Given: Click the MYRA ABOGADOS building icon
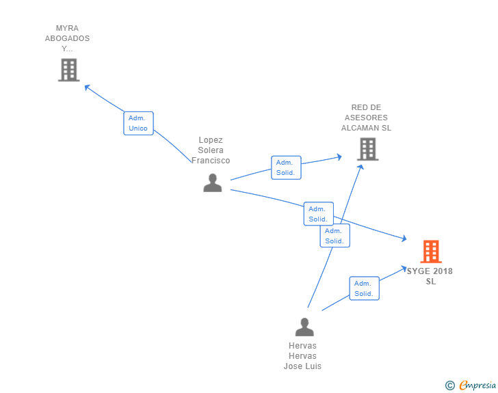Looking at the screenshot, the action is click(x=69, y=70).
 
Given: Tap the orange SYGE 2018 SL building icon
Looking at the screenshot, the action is click(x=431, y=252).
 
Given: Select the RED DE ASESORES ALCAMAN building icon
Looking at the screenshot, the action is click(x=368, y=149).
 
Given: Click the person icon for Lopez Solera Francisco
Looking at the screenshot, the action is click(x=213, y=183).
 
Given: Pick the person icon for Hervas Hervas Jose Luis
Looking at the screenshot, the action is click(x=304, y=327).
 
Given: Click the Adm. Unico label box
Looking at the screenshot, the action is click(x=138, y=123).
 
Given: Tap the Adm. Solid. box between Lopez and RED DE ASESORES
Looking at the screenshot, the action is click(x=286, y=167).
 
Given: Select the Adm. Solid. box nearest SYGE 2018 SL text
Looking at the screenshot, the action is click(x=365, y=288).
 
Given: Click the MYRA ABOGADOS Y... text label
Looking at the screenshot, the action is click(x=67, y=38).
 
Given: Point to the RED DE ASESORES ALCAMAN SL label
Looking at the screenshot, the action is click(x=366, y=118).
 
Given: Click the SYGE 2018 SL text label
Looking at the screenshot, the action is click(x=430, y=276).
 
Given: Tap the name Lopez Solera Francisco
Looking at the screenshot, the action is click(x=211, y=150).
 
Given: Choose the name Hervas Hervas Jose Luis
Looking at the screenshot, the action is click(x=302, y=356).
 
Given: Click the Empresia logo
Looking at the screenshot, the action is click(x=477, y=385).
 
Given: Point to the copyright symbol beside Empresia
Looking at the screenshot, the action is click(x=449, y=385).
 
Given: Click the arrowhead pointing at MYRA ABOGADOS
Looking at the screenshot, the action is click(x=87, y=87).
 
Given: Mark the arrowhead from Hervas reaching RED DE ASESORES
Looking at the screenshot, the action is click(x=361, y=167).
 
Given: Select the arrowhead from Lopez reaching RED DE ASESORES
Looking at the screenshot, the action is click(x=339, y=157).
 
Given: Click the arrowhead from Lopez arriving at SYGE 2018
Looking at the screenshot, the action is click(x=404, y=238).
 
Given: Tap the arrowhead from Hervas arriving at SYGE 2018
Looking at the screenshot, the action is click(x=404, y=269).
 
